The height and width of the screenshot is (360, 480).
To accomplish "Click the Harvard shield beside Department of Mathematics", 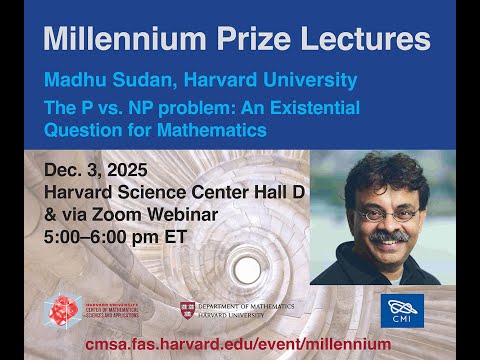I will click(187, 309).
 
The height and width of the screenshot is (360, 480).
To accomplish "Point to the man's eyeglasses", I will click(385, 214).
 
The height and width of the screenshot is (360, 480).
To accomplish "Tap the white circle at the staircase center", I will click(246, 267).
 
